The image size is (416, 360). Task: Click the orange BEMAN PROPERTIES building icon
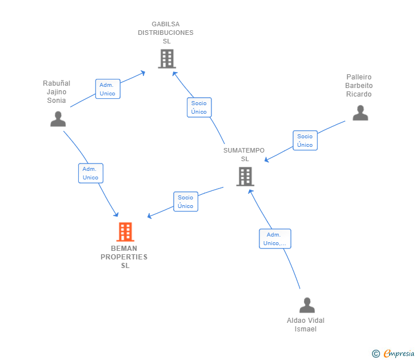[125, 231]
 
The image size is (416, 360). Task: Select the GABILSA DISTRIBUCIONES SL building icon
[167, 59]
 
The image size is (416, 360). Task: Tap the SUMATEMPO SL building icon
[245, 177]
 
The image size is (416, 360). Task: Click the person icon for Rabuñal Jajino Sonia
[58, 119]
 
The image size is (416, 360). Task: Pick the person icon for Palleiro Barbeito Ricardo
[360, 113]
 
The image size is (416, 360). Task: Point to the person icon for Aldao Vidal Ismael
[307, 305]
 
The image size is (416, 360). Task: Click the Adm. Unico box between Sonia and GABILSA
[107, 89]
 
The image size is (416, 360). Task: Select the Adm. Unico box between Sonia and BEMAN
[91, 173]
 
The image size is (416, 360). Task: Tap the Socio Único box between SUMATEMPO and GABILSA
[199, 107]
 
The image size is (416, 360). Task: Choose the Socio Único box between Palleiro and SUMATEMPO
[305, 141]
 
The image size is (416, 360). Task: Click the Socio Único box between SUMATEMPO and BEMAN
[186, 201]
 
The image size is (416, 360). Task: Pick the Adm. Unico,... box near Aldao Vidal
[275, 239]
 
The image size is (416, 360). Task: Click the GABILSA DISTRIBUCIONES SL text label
[166, 33]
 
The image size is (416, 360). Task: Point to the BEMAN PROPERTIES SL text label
[124, 257]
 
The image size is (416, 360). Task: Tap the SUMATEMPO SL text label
[244, 155]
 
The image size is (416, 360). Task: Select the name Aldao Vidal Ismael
[306, 325]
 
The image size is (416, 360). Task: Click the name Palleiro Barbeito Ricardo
[359, 85]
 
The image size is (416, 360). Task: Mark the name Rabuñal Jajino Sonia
[57, 92]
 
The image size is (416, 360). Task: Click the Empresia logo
[399, 353]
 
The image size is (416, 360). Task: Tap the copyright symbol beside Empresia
[376, 354]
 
